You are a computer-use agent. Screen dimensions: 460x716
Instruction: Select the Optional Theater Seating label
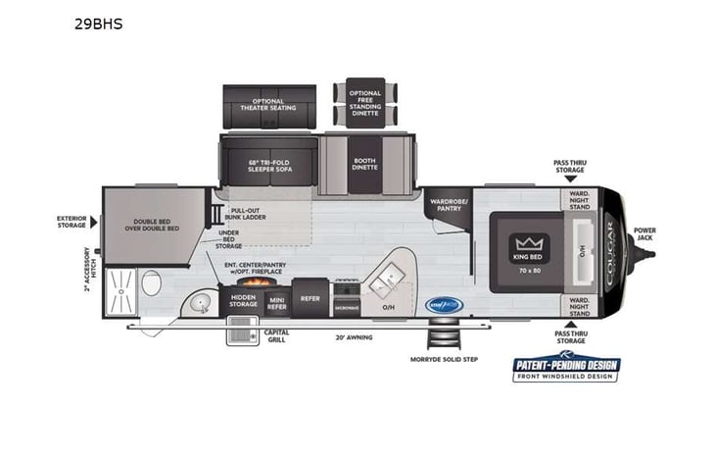tap(266, 104)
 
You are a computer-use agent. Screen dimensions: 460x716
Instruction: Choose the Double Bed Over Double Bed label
tap(156, 224)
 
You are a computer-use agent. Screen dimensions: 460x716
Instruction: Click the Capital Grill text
tap(276, 335)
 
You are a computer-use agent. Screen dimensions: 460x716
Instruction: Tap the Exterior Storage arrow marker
tap(93, 222)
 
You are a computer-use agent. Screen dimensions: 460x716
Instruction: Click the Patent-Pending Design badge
tap(567, 368)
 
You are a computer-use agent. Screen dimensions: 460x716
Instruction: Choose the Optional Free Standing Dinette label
tap(366, 101)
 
